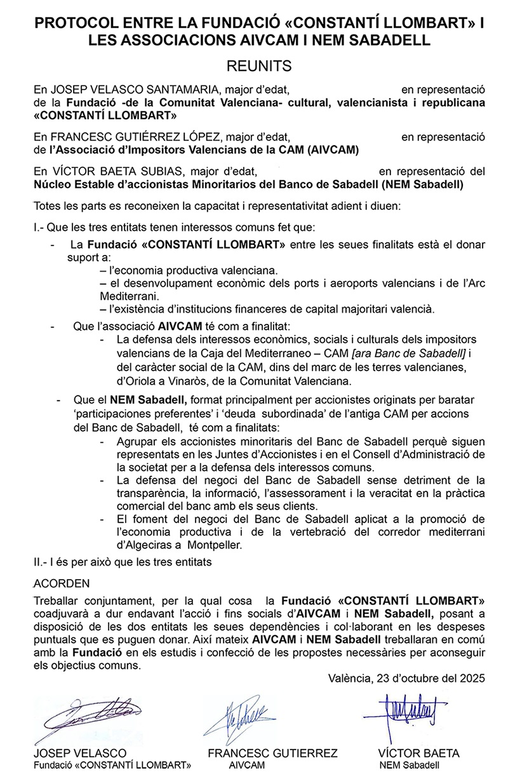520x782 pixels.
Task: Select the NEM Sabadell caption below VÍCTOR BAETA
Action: click(409, 765)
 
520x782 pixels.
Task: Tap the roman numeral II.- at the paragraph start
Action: click(41, 561)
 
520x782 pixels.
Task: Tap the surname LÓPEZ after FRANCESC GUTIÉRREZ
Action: click(183, 136)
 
